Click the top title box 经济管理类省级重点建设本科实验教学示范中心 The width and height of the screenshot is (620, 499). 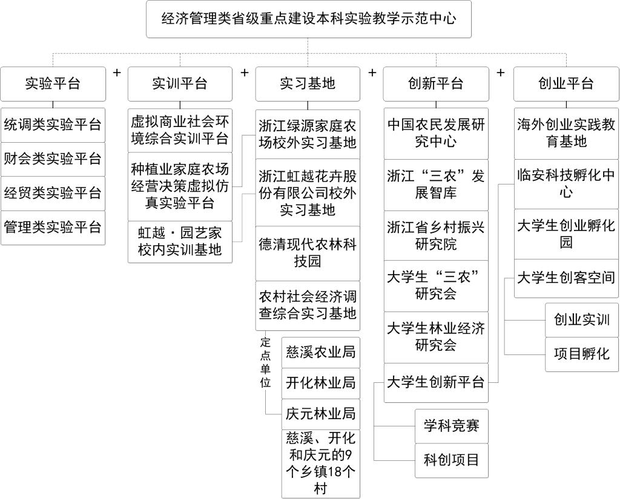[308, 19]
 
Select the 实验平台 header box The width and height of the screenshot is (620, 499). [53, 83]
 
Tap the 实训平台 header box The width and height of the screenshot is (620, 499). [180, 83]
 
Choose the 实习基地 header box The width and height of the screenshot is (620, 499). [308, 83]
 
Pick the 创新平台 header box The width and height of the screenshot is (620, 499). [436, 83]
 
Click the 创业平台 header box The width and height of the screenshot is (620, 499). [566, 83]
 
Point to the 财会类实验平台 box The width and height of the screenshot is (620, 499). [53, 159]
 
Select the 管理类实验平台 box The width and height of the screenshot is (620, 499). [53, 227]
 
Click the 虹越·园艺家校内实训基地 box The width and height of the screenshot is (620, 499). [180, 242]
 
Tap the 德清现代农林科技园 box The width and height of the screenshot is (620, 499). [308, 253]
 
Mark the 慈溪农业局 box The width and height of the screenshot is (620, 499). [321, 353]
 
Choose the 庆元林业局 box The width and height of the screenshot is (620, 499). [321, 414]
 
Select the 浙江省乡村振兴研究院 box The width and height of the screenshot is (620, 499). [436, 235]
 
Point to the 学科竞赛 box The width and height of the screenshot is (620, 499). [452, 426]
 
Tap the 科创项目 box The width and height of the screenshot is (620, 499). [452, 460]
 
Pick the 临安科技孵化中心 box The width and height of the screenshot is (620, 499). [566, 184]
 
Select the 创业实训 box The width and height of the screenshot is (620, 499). [582, 320]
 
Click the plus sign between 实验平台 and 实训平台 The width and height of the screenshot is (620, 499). [117, 73]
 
